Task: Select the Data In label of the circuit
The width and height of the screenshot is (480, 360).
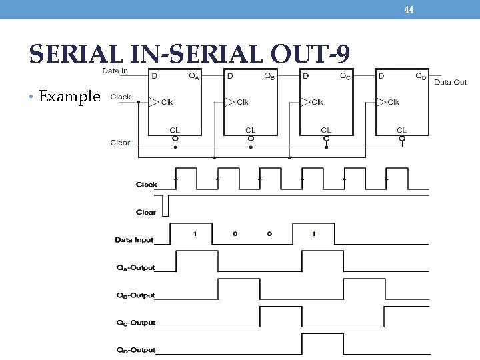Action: point(115,71)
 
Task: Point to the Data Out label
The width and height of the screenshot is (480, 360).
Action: point(451,82)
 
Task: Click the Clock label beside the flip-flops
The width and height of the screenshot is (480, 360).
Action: point(120,97)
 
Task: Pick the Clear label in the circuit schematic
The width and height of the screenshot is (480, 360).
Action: point(120,143)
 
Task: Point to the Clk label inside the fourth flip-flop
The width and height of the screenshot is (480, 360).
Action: point(393,103)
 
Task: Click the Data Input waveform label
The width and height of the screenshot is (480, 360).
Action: point(134,239)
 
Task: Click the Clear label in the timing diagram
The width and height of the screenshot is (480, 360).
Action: point(146,212)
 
